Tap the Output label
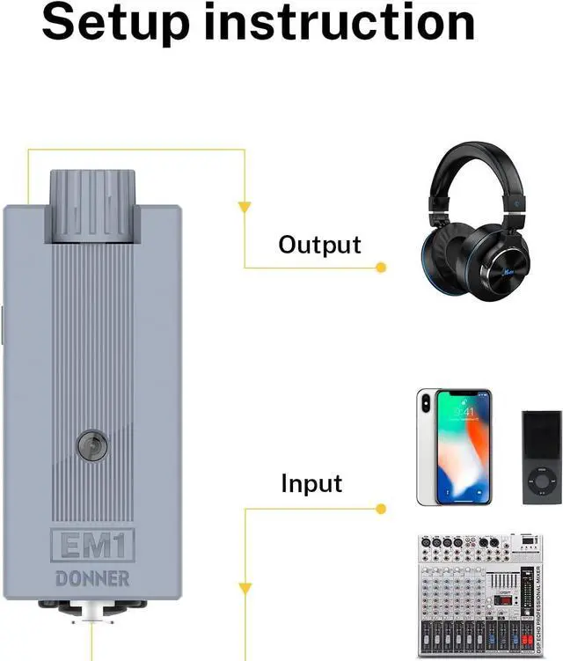pyautogui.click(x=319, y=245)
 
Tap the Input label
pyautogui.click(x=311, y=483)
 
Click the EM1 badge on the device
pyautogui.click(x=91, y=546)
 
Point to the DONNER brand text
pyautogui.click(x=92, y=579)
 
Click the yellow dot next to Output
pyautogui.click(x=381, y=267)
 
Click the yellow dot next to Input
pyautogui.click(x=381, y=508)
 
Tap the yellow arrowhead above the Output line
pyautogui.click(x=245, y=209)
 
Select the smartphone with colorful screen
pyautogui.click(x=453, y=447)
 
